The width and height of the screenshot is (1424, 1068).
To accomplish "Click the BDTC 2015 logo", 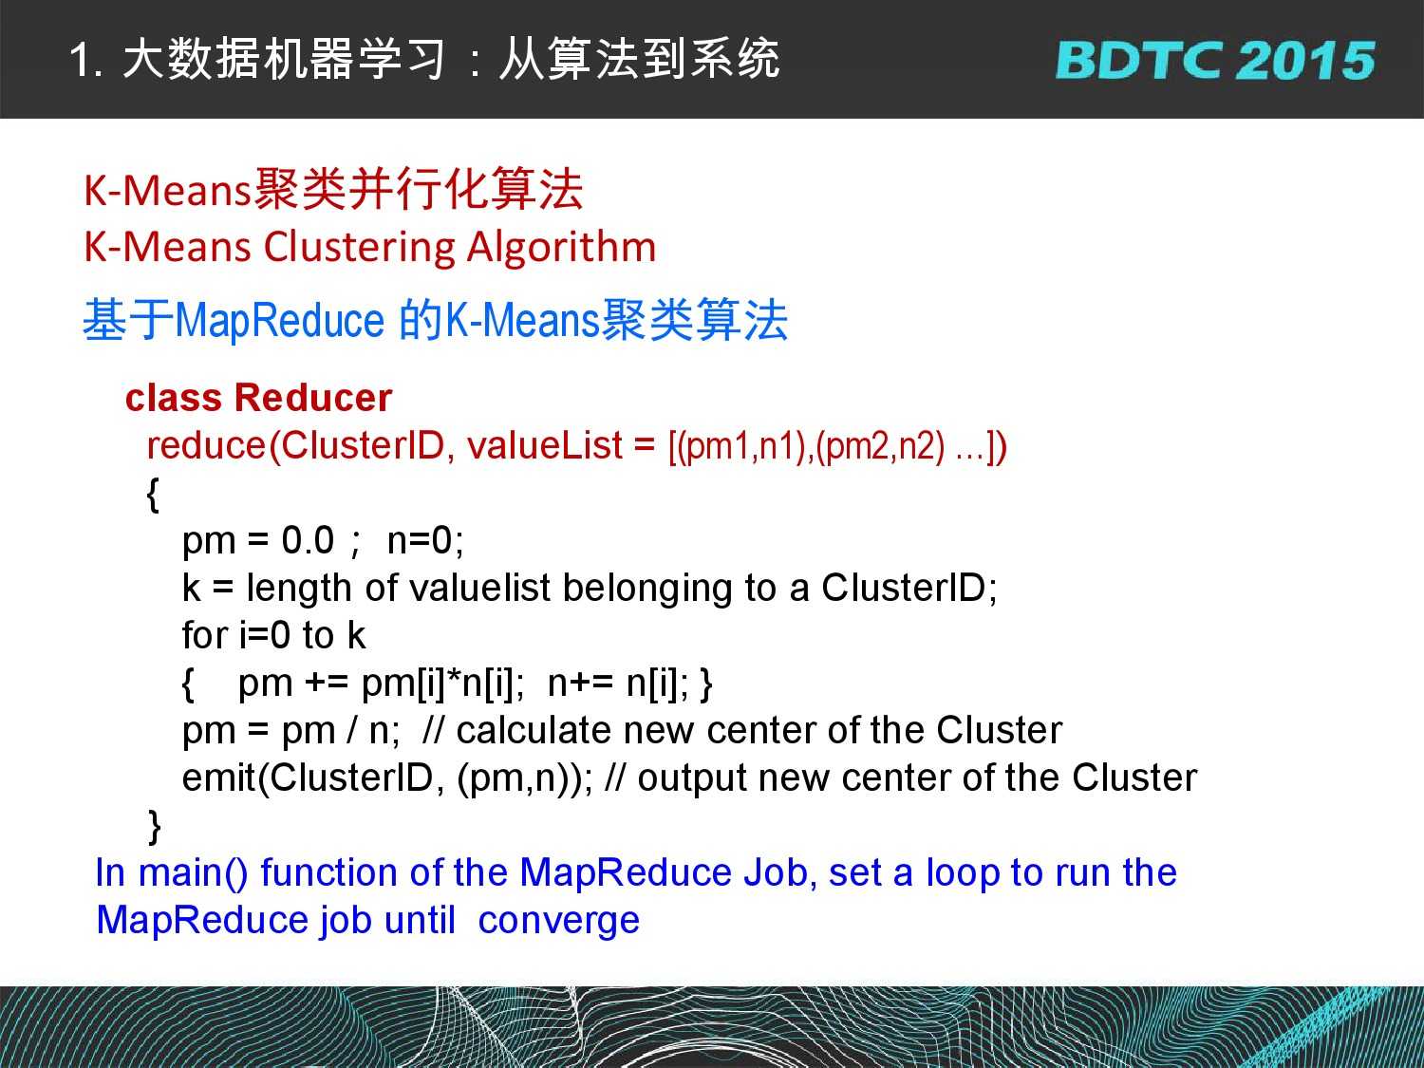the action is click(1215, 61).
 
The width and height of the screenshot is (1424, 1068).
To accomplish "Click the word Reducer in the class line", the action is click(313, 398).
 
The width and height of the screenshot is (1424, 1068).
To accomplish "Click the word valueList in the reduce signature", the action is click(544, 445).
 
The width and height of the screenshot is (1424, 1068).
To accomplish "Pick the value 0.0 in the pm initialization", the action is click(308, 540).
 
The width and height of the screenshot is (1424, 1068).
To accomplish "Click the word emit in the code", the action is click(219, 778).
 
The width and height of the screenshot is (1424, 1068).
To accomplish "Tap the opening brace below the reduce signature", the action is click(153, 495).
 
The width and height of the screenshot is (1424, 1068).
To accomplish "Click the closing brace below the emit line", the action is click(155, 827).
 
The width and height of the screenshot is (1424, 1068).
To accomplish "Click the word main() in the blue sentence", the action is click(193, 873).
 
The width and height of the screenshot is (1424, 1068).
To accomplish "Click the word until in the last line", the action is click(420, 921).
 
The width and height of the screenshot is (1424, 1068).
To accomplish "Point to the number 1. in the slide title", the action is click(86, 61).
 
